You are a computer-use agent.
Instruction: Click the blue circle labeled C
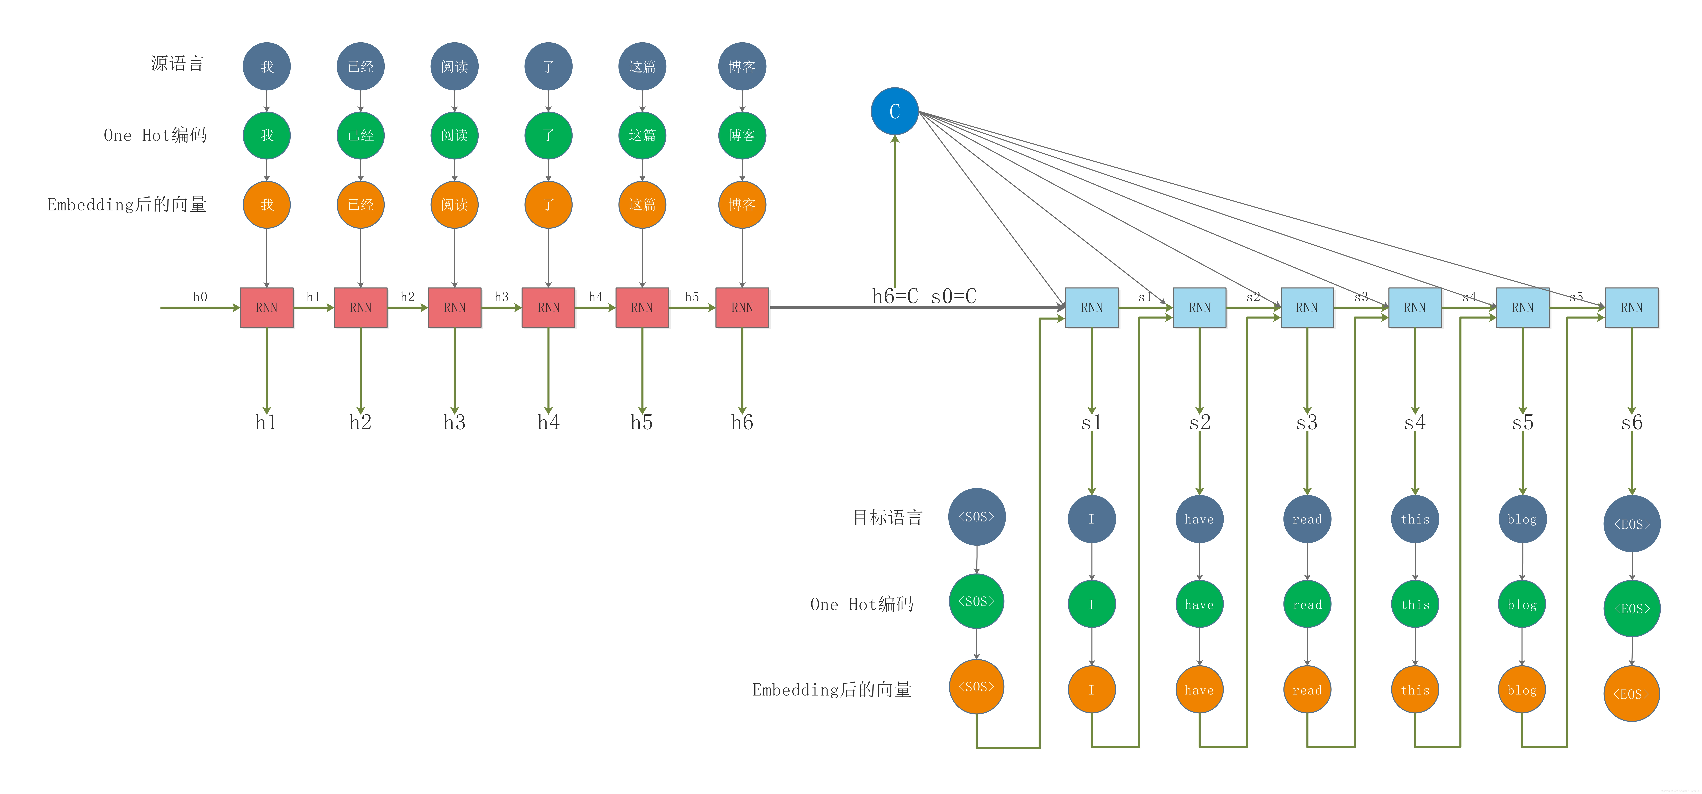pos(895,111)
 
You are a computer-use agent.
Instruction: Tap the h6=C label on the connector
pos(895,296)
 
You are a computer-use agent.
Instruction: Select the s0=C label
pos(953,296)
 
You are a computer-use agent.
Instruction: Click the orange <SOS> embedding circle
pos(977,687)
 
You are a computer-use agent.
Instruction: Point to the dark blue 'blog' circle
pos(1522,519)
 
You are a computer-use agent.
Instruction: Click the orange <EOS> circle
pos(1632,694)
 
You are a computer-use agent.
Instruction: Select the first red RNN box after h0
pos(266,307)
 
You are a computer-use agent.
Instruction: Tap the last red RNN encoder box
pos(742,307)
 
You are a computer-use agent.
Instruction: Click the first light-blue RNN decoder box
pos(1091,307)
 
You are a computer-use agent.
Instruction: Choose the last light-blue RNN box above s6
pos(1631,307)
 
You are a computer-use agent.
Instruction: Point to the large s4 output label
pos(1415,422)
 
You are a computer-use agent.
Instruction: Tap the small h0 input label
pos(199,297)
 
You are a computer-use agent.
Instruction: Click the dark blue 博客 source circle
pos(742,66)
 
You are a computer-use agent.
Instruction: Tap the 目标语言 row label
pos(887,517)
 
